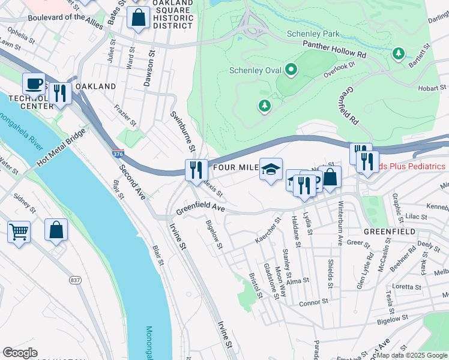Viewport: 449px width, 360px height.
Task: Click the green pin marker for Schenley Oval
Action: pos(291,70)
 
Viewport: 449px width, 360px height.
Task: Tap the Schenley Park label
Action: pos(313,34)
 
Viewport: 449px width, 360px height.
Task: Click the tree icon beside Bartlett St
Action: pos(398,54)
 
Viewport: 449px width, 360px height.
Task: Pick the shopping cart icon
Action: pos(19,230)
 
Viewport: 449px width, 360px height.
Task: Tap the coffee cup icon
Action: pos(34,83)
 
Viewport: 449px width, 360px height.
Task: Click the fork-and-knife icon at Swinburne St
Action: pos(195,170)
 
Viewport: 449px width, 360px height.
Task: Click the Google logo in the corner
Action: pos(20,353)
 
